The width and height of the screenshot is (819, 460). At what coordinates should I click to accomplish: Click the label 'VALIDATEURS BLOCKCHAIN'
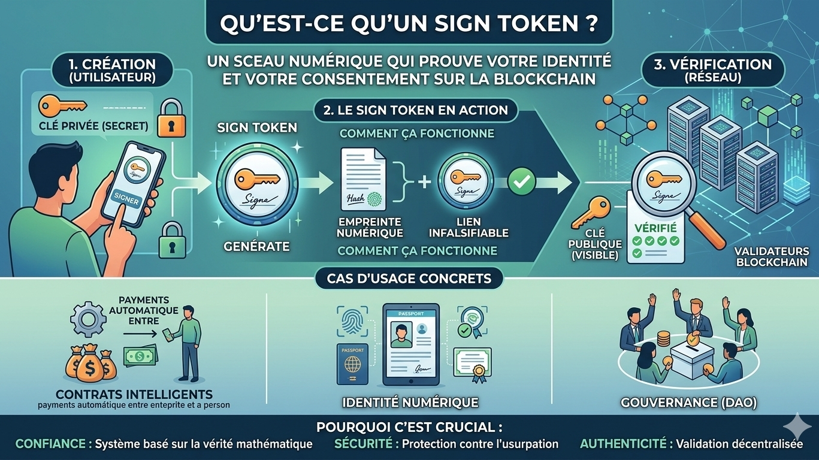(x=772, y=257)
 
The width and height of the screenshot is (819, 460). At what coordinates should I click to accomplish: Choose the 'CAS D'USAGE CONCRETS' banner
(x=409, y=279)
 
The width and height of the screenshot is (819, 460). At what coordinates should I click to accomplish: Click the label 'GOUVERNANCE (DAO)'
(x=688, y=403)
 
